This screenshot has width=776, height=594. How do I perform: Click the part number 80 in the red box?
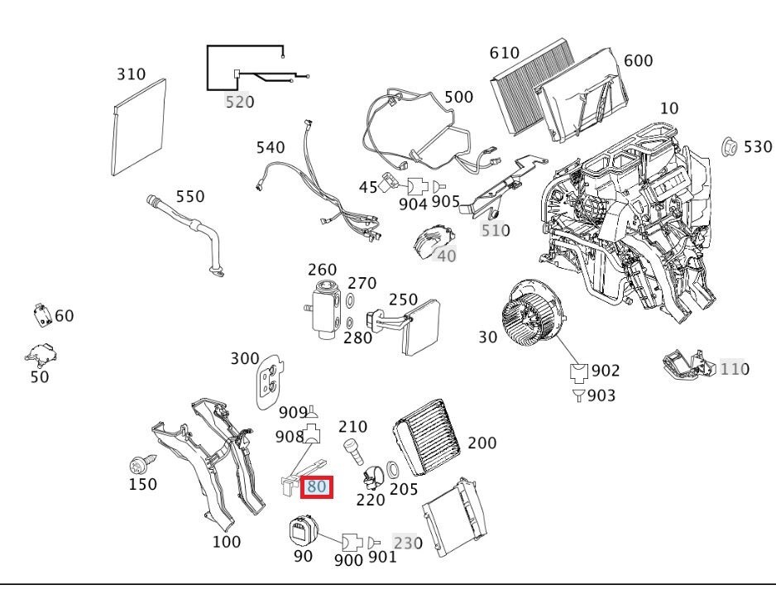tap(316, 486)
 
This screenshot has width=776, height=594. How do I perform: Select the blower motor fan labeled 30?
tap(530, 319)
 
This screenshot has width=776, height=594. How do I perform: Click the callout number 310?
tap(130, 74)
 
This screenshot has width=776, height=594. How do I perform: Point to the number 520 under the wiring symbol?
tap(239, 102)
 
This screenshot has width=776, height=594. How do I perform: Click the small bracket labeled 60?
tap(41, 315)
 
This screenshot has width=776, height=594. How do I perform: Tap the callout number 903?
tap(601, 396)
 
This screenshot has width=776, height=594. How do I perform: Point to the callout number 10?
tap(668, 108)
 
